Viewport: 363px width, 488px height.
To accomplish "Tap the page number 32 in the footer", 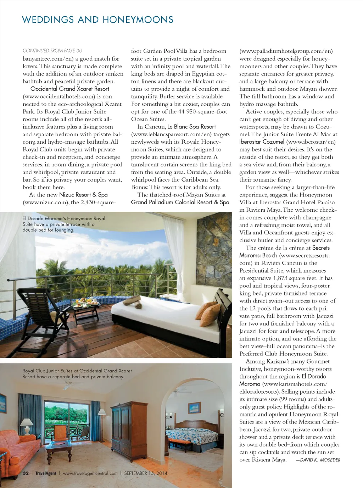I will (x=26, y=473).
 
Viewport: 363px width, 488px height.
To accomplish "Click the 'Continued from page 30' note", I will (x=52, y=51).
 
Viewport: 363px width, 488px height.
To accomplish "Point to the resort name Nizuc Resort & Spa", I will (x=83, y=195).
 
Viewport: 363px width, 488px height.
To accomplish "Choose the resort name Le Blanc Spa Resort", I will (x=191, y=127).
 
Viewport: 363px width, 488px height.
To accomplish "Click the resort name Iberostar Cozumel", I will (x=262, y=142).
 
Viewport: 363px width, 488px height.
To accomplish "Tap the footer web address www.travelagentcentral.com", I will (x=90, y=473).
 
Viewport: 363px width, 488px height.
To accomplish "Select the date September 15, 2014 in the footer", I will (x=145, y=473).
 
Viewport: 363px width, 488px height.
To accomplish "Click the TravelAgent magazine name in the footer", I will (x=46, y=473).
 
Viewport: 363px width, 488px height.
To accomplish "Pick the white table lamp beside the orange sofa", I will (x=27, y=426).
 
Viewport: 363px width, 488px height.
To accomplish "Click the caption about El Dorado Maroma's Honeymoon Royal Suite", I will (x=64, y=224).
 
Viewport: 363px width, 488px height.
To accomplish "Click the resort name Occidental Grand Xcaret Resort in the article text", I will (x=70, y=89).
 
